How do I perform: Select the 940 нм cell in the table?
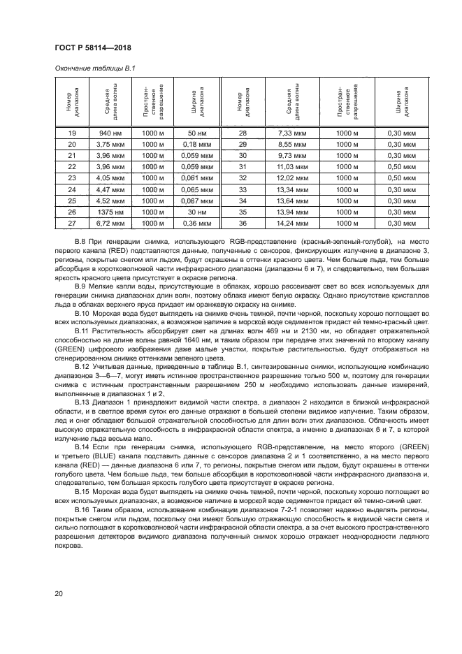[x=110, y=133]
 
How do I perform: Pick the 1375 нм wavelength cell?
[x=110, y=211]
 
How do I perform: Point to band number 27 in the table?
[x=71, y=222]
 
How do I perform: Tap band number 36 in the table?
[x=243, y=222]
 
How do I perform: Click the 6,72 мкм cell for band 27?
[x=110, y=222]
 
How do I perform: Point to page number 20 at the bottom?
[x=59, y=594]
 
